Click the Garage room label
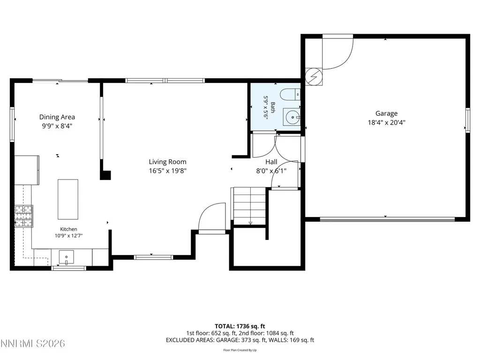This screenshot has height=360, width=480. tap(386, 113)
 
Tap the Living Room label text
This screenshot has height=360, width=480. tap(167, 162)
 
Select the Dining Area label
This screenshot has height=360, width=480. tap(57, 117)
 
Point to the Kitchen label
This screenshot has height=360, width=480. tap(68, 229)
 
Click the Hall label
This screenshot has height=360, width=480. tap(271, 162)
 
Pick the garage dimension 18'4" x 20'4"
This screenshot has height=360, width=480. tap(386, 122)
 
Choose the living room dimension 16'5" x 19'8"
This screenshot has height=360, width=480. tap(167, 171)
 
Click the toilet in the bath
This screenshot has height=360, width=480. tap(290, 94)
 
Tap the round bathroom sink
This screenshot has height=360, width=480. tap(293, 117)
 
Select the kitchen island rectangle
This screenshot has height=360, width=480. tap(68, 199)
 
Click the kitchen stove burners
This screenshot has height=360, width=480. tap(23, 217)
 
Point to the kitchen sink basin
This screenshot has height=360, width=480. tap(66, 257)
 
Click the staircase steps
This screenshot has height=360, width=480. tap(250, 206)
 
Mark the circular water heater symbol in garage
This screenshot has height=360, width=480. tap(314, 76)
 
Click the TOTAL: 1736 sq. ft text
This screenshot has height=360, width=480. tap(240, 326)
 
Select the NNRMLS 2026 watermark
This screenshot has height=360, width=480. tap(32, 344)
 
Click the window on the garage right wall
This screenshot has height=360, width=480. tap(468, 120)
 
